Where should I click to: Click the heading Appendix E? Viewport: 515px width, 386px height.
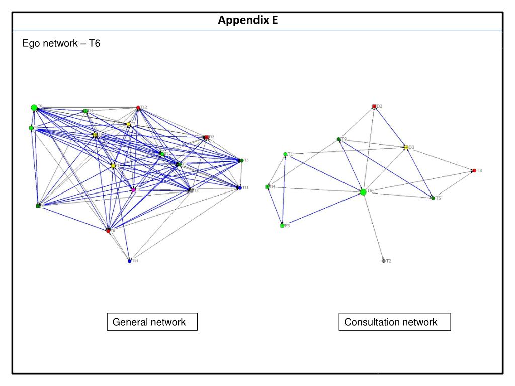pos(247,21)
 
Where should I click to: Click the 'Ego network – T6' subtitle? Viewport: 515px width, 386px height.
pos(61,44)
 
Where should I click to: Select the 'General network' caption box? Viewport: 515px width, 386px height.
pos(152,322)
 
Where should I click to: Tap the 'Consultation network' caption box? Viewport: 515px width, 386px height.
pos(394,322)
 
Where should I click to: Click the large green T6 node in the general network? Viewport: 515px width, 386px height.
pos(34,107)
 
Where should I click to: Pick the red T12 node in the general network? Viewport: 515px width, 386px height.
pos(138,108)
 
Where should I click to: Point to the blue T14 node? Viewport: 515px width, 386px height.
pos(129,261)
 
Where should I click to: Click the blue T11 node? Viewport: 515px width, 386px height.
pos(240,187)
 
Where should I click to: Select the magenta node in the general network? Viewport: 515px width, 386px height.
pos(134,190)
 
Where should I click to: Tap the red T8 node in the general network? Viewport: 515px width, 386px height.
pos(108,231)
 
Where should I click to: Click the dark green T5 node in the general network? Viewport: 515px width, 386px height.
pos(242,160)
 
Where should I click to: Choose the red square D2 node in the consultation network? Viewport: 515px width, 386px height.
pos(374,106)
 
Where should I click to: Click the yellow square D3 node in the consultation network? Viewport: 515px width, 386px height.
pos(405,147)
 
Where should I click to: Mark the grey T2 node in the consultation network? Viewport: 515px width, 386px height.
pos(384,261)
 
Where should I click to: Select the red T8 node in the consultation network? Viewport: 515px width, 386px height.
pos(474,171)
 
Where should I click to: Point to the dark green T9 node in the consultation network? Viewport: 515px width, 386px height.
pos(339,139)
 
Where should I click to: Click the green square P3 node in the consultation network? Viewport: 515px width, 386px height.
pos(282,226)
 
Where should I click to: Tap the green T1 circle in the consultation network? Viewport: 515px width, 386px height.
pos(285,154)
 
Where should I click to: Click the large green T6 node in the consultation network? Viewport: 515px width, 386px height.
pos(363,191)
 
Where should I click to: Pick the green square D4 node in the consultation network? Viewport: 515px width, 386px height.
pos(267,187)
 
